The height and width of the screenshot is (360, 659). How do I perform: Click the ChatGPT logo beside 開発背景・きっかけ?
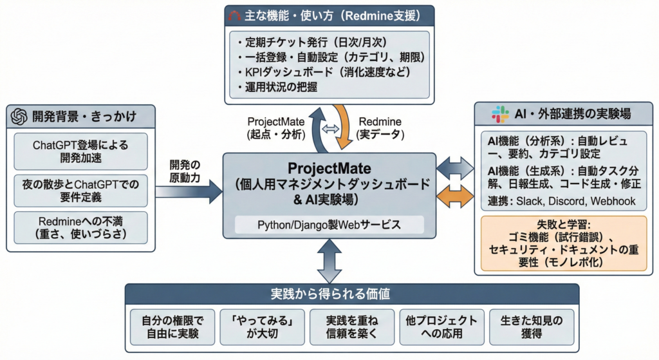(19, 117)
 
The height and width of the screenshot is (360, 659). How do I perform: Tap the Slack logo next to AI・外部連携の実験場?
(499, 115)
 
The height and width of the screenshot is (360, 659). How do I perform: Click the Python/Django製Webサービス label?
(329, 225)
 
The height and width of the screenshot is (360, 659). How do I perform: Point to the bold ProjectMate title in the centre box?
(329, 169)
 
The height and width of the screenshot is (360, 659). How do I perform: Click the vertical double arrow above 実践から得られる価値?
(329, 261)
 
